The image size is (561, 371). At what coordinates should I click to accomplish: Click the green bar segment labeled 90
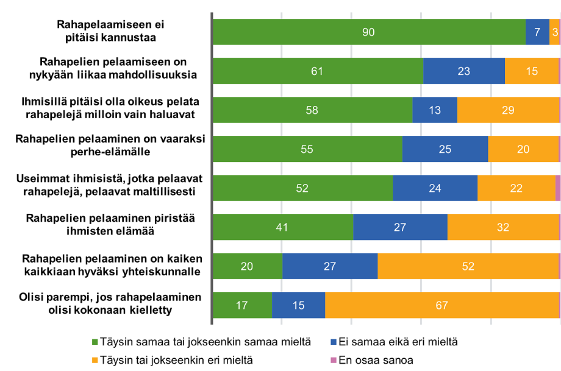click(368, 32)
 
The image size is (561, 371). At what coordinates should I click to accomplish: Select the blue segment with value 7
click(537, 32)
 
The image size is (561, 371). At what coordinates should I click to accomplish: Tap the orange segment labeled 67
click(442, 305)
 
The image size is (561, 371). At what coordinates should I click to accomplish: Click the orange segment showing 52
click(468, 266)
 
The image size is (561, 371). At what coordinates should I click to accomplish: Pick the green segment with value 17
click(241, 305)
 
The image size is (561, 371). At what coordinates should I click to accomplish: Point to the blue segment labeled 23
click(463, 71)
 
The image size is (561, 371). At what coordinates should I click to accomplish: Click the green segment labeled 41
click(282, 227)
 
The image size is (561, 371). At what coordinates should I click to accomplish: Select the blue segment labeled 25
click(445, 149)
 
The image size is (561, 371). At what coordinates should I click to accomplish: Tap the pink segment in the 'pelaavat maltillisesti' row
click(557, 188)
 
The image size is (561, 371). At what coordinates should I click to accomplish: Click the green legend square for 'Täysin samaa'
click(95, 342)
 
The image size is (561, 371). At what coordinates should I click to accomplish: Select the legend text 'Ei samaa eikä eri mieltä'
click(398, 342)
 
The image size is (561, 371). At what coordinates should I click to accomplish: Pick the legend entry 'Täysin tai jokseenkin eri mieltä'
click(172, 360)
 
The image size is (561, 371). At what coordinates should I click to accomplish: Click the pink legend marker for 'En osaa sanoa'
click(333, 360)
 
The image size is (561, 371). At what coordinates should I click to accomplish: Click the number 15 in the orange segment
click(532, 71)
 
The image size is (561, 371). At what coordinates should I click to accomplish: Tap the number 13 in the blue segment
click(435, 110)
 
